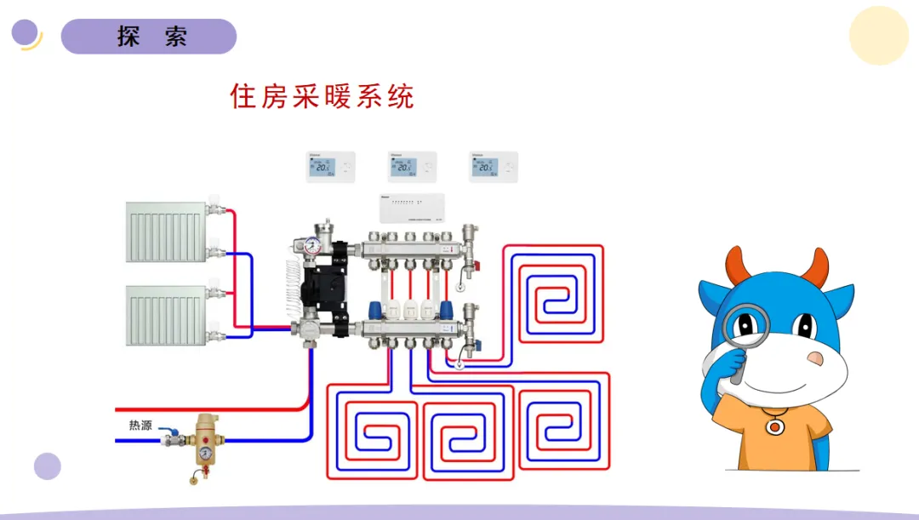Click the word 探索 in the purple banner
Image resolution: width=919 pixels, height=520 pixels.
point(151,37)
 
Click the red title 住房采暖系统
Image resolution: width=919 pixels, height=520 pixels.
point(322,96)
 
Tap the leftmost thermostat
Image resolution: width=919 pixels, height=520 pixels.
point(330,167)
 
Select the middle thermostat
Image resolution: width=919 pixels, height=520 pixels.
point(412,167)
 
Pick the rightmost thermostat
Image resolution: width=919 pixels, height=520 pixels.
point(494,167)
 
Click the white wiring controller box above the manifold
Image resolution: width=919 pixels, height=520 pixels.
point(414,209)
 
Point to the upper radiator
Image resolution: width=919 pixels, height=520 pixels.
point(168,231)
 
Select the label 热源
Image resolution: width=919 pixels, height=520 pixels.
point(140,425)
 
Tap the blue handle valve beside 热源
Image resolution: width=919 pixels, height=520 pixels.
point(174,435)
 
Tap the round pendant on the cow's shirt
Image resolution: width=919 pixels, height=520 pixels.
point(773,426)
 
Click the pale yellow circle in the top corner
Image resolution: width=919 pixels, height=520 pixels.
point(879,35)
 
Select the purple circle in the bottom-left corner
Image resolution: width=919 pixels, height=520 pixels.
point(48,466)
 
